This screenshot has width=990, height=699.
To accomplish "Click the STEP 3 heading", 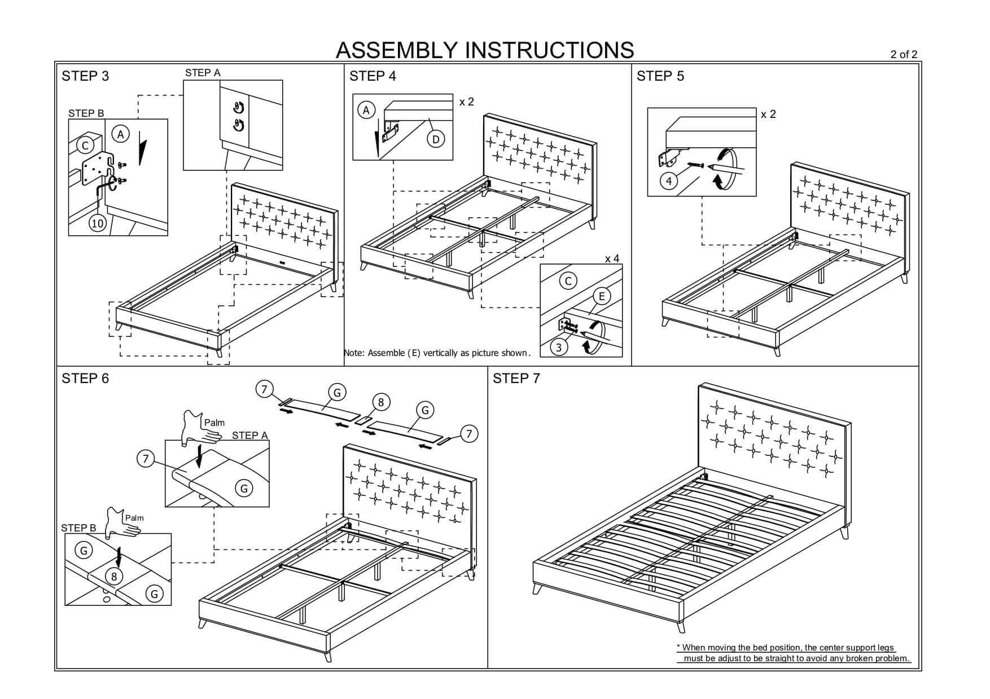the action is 85,76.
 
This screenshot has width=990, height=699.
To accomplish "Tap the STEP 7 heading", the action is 516,379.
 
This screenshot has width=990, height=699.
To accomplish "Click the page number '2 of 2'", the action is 904,54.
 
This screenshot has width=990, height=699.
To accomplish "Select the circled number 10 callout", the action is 98,223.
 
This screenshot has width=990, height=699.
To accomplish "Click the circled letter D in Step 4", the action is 436,139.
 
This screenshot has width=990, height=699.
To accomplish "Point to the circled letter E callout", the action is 602,296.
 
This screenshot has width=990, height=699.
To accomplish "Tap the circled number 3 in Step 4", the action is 559,348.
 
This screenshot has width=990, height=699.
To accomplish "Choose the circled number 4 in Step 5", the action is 669,181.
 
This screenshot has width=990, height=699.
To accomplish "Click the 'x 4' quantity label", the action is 612,258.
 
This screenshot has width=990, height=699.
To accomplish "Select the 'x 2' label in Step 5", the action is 768,114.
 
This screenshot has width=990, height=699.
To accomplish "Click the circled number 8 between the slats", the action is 381,402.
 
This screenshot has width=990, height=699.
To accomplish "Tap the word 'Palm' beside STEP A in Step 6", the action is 214,423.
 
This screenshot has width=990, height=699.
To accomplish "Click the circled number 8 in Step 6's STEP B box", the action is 114,577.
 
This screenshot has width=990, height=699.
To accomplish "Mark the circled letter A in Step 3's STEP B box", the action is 120,134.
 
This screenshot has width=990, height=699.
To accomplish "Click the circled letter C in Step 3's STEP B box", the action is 85,146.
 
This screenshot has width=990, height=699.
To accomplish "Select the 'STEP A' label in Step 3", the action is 203,73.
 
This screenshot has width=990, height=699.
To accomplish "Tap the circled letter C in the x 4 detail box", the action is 568,281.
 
